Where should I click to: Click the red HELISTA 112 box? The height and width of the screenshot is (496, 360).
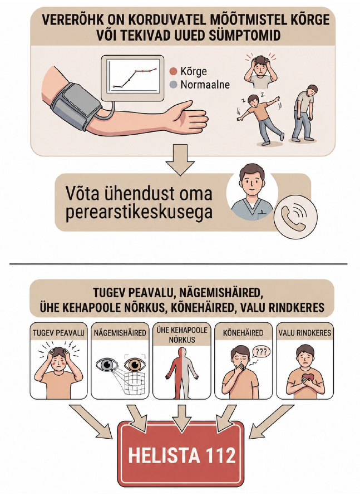coord(181,455)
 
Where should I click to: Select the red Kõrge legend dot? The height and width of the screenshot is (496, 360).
coord(173,71)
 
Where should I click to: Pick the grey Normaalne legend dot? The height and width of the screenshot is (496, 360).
coord(173,85)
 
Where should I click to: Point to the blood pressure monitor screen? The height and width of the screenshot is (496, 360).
coord(132,76)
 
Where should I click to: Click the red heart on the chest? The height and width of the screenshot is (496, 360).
coord(305,379)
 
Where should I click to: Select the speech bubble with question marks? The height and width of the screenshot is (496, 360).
coord(260,352)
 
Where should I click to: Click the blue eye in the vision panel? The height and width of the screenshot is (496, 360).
coord(107,365)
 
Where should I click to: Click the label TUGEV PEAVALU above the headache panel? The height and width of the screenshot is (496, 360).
coord(58,333)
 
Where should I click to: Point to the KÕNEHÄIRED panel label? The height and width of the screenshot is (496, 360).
coord(243,333)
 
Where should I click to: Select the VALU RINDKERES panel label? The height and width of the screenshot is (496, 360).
coord(305,333)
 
